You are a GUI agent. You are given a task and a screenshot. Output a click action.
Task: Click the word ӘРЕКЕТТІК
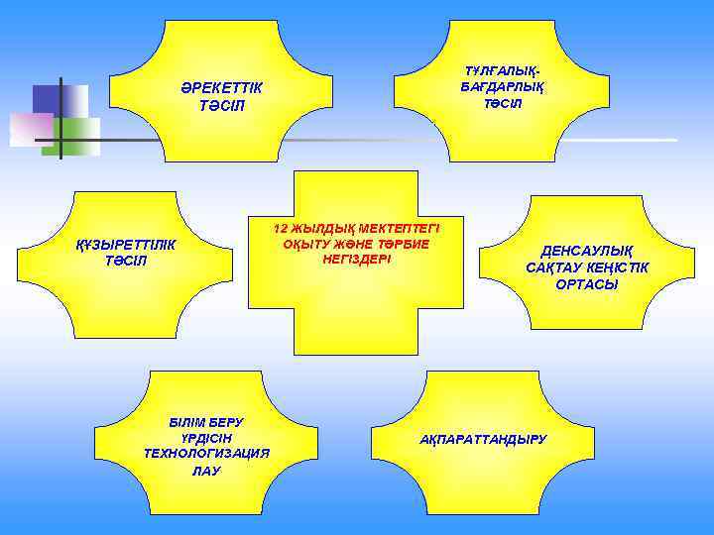tap(221, 87)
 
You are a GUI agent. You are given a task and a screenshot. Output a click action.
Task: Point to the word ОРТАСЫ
tap(586, 284)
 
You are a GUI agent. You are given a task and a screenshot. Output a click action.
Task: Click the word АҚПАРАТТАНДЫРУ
tap(483, 438)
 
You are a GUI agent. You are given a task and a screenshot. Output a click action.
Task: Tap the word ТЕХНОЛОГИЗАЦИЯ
tap(206, 454)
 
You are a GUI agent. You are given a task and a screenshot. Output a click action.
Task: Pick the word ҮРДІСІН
tap(205, 438)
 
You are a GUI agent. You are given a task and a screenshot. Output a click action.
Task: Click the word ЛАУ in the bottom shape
tap(206, 471)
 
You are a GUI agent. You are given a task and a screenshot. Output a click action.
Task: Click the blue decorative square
tap(49, 99)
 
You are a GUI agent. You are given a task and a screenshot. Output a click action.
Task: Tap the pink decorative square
tap(30, 129)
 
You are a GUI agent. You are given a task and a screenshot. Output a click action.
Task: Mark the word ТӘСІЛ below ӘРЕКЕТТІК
tap(221, 105)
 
